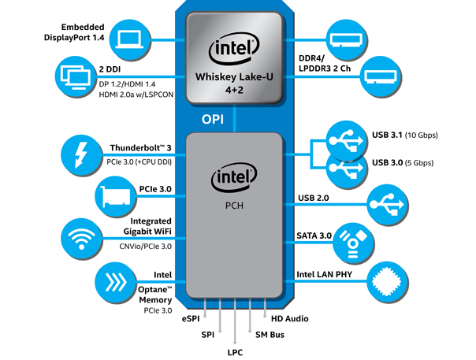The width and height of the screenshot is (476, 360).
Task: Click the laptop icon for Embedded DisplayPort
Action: tap(129, 39)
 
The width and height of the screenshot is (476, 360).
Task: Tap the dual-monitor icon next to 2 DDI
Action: tap(76, 76)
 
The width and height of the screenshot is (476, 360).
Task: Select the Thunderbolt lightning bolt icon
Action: tap(81, 155)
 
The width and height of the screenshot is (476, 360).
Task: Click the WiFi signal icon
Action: tap(81, 238)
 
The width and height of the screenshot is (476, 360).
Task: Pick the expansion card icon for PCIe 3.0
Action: tap(116, 196)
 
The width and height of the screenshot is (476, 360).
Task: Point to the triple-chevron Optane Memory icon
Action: tap(116, 283)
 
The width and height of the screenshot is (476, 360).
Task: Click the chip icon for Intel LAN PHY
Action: tap(388, 282)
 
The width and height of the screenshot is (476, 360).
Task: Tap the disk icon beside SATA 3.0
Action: tap(353, 243)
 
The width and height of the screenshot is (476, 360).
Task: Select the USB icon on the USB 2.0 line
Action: tap(388, 205)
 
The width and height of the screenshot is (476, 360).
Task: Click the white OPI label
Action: tap(213, 120)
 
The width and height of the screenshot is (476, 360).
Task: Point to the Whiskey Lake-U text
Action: tap(234, 76)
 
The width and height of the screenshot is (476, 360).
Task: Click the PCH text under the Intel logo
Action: tap(234, 206)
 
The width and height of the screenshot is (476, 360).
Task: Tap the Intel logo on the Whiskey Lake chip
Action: tap(234, 49)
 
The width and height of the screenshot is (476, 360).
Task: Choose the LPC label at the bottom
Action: tap(235, 352)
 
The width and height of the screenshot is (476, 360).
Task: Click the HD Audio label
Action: tap(289, 319)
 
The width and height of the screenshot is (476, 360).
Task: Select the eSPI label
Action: tap(191, 319)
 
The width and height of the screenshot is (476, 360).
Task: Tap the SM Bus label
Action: tap(270, 335)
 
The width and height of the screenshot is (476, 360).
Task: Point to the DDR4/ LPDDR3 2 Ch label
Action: tap(325, 63)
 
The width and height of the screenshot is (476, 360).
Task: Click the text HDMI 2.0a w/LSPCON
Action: tap(136, 95)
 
